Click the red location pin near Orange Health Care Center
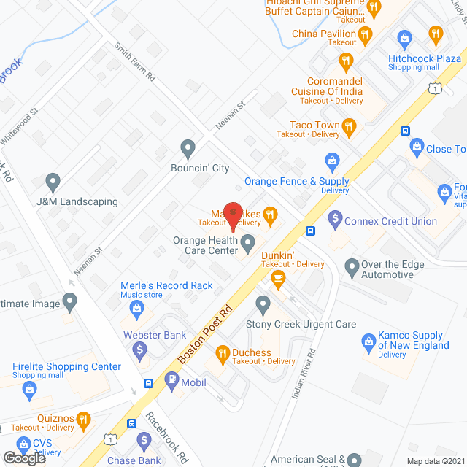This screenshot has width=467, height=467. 233,217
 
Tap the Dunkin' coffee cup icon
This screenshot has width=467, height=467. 278,277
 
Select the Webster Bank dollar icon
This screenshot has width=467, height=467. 139,352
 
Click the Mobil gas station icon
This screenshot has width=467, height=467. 171,379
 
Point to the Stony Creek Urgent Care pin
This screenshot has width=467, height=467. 263,302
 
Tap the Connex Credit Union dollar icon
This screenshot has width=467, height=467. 335,217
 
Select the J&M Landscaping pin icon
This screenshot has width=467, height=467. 52,181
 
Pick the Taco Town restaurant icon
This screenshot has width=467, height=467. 349,129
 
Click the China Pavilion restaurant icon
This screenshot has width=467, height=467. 366,33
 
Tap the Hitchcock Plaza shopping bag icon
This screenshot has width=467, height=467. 404,36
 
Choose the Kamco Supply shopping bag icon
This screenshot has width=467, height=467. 368,341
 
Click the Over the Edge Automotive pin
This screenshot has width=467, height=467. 352,268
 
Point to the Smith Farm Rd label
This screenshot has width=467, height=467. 134,61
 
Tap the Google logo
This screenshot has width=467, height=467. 24,458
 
